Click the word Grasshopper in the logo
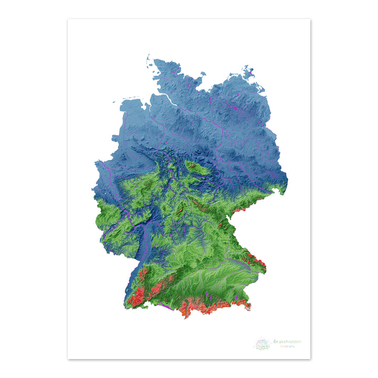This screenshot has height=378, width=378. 287,342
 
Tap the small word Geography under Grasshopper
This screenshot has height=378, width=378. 287,346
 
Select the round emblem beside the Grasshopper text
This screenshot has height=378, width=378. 262,344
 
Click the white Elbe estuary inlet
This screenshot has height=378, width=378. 163,97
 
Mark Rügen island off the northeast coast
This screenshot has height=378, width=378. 246,71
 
